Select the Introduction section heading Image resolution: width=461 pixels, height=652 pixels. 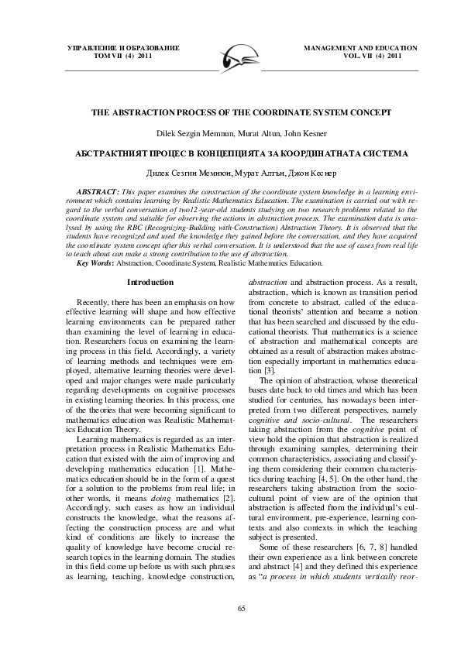click(x=150, y=239)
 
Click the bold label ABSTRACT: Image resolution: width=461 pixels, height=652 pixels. click(x=97, y=190)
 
